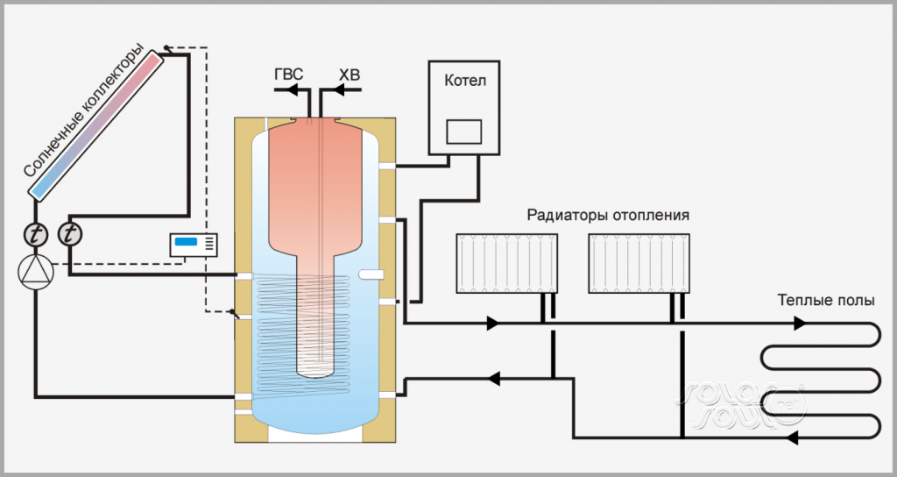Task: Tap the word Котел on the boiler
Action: tap(464, 82)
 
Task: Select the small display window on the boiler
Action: tap(464, 132)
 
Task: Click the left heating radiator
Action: tap(507, 263)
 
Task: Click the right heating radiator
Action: tap(639, 263)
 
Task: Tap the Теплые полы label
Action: tap(825, 300)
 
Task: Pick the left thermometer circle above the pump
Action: tap(36, 234)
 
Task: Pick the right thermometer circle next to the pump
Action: tap(69, 234)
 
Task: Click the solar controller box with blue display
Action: tap(194, 245)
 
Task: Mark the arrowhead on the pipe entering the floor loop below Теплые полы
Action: tap(799, 324)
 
